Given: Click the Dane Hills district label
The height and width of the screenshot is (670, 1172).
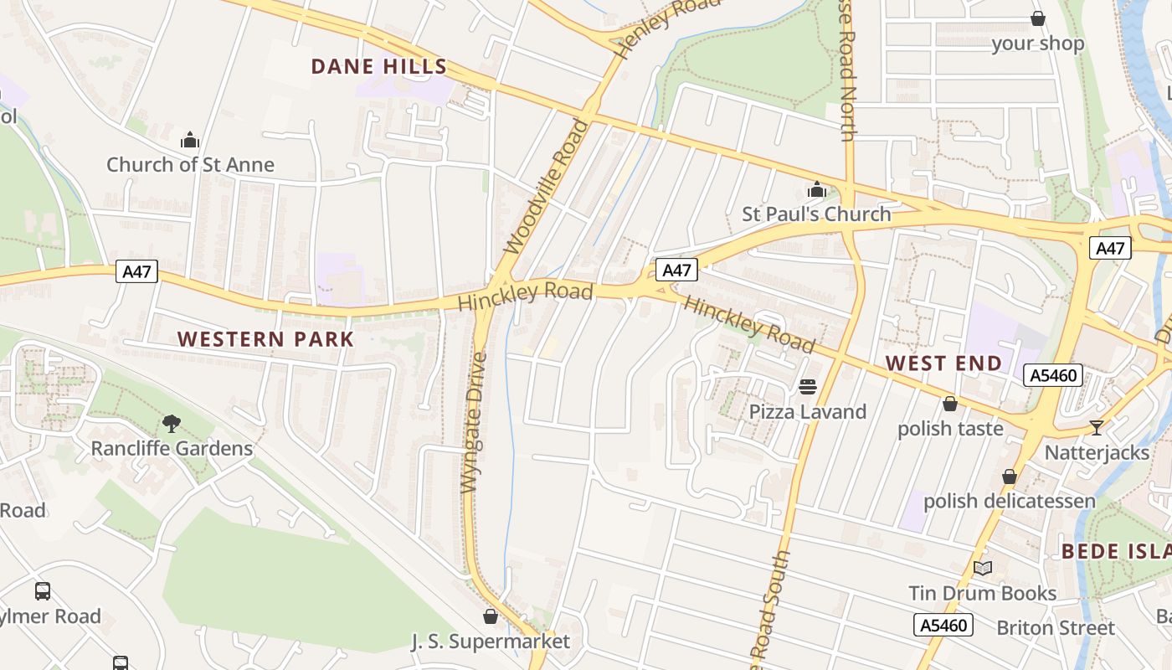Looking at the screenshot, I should [x=379, y=67].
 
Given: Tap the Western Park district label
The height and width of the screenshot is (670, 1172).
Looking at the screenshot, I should [x=266, y=339].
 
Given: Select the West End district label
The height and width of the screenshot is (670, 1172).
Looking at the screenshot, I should [x=943, y=363].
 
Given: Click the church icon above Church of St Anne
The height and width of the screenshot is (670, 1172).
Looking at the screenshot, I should [x=190, y=139].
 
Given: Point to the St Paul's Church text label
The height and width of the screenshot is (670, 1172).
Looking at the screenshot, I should [x=816, y=214].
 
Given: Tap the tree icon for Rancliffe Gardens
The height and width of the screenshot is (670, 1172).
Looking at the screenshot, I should [x=172, y=424].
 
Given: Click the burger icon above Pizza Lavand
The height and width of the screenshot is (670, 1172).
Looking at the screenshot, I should [x=807, y=387].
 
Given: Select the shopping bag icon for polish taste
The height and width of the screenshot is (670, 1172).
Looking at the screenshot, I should [x=950, y=404].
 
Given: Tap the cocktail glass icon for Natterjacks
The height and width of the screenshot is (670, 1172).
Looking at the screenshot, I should [x=1097, y=428].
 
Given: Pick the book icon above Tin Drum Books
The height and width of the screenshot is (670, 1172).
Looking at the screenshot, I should [x=983, y=569].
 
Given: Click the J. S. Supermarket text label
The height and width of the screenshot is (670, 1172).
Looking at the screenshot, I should [x=490, y=642].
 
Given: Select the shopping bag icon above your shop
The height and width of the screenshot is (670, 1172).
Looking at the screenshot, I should [x=1038, y=18].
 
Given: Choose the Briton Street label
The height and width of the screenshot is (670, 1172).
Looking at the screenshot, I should [x=1055, y=627].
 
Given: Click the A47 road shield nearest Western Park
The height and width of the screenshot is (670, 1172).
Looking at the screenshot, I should [x=136, y=271].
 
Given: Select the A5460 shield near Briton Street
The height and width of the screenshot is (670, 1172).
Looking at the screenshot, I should [x=943, y=625].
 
